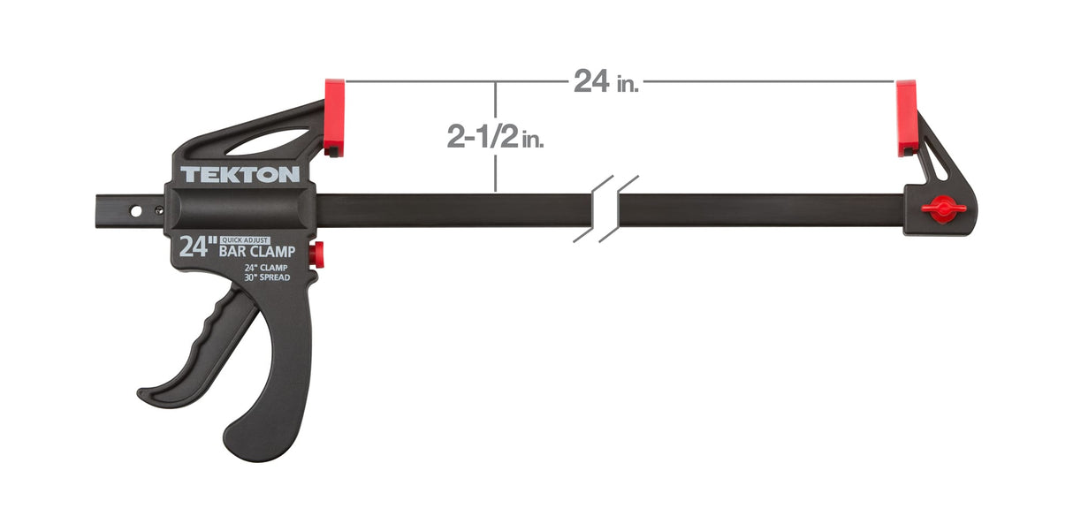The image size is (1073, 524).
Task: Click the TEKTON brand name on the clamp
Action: [x=240, y=174]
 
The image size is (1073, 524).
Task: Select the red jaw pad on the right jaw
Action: [x=906, y=117]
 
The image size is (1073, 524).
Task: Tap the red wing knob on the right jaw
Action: [x=943, y=209]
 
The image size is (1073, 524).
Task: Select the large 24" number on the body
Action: [x=194, y=247]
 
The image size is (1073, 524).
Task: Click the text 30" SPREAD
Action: [x=268, y=277]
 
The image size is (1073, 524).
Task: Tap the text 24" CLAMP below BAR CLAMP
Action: [x=266, y=268]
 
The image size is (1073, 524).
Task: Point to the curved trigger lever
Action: [x=199, y=353]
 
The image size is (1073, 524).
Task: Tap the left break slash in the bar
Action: [x=593, y=209]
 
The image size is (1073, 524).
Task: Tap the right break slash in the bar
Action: [x=619, y=209]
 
